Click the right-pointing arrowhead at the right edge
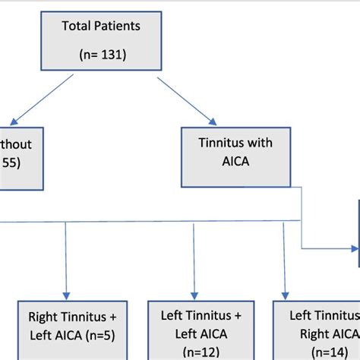click(x=355, y=248)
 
